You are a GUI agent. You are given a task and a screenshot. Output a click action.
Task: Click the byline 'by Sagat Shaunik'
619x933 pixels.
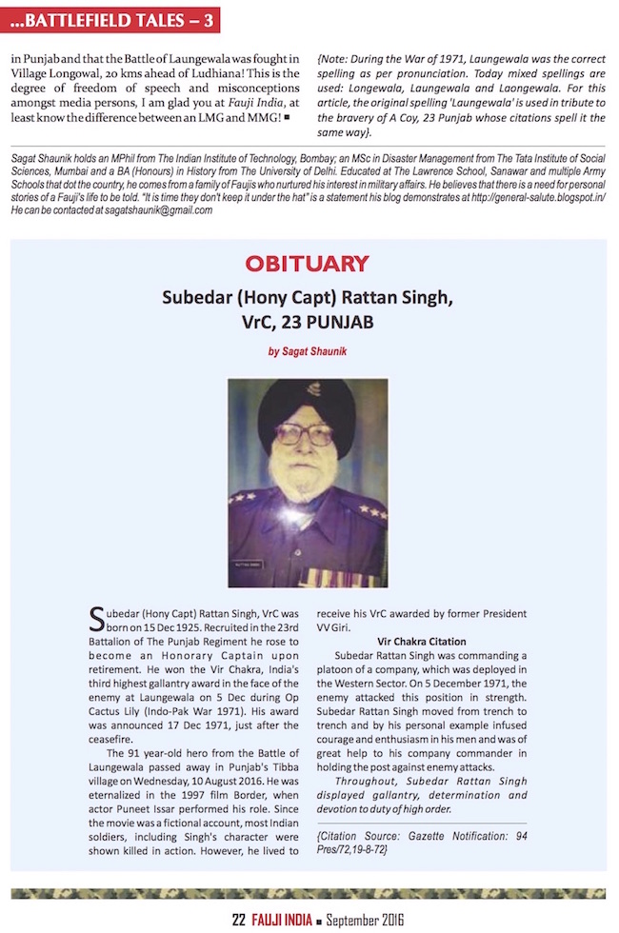click(x=307, y=351)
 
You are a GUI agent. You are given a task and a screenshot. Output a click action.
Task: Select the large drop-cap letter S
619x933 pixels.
click(x=96, y=620)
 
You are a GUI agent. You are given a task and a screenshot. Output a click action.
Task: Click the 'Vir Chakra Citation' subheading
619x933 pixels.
click(x=421, y=642)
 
